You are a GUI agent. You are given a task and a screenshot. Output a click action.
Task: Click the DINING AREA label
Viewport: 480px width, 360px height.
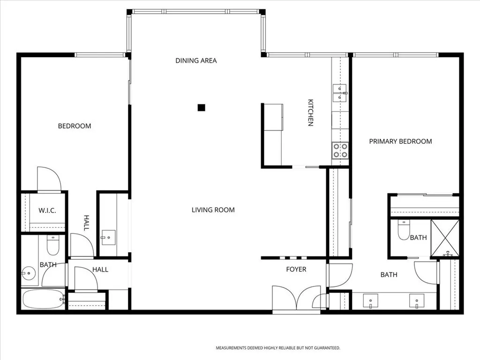coord(196,60)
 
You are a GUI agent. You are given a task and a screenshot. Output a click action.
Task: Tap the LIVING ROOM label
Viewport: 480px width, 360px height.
coord(213,210)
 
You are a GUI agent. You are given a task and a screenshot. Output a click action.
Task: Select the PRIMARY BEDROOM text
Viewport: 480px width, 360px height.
coord(400,141)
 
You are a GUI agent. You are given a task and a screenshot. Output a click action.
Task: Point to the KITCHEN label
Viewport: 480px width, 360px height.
coord(310,112)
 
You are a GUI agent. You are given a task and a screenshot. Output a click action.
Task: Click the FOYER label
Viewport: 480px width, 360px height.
coord(296,269)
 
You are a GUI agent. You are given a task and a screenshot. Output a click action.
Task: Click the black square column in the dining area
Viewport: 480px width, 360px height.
coord(201,107)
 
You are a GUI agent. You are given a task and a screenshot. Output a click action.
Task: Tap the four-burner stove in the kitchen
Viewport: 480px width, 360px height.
coord(340,150)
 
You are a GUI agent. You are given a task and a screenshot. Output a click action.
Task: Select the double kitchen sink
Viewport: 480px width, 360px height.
coord(339,93)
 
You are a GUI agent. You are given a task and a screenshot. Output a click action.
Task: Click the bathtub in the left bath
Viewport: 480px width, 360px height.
coord(43,299)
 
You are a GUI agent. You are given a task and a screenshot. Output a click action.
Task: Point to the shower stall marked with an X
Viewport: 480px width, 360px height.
coord(445,238)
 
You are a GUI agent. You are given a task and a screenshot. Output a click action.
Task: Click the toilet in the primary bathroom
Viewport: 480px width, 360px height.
coord(404,230)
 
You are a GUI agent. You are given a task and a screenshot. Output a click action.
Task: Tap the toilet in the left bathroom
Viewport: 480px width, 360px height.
coord(53,245)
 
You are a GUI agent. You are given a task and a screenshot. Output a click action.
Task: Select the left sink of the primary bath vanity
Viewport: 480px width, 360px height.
coord(370,300)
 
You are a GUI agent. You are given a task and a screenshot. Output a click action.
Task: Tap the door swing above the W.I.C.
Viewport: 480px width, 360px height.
coord(49,179)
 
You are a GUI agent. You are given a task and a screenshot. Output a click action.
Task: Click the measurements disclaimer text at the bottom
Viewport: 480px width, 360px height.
coord(277,348)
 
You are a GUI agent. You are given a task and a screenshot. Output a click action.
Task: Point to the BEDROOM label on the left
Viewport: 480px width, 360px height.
coord(75,126)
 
